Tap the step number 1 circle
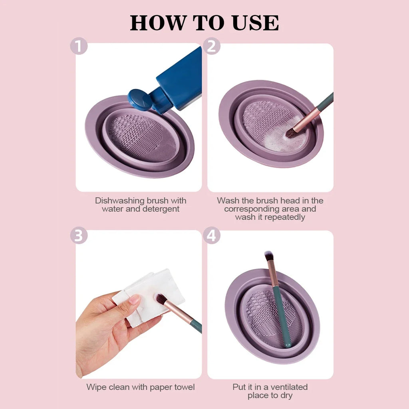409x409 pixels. [79, 47]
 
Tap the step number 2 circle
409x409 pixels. [212, 47]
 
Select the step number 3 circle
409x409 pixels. [79, 235]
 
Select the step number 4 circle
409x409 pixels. [212, 235]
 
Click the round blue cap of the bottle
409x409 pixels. [139, 99]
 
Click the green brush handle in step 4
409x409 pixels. [282, 316]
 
